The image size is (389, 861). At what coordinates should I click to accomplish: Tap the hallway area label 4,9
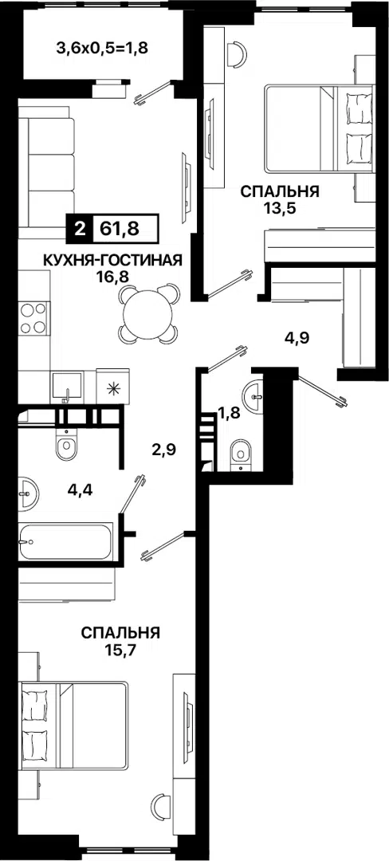coord(297,337)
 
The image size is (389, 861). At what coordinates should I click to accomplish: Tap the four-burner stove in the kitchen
coord(35,317)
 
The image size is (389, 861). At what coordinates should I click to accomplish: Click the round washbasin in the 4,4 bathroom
coord(28,491)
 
